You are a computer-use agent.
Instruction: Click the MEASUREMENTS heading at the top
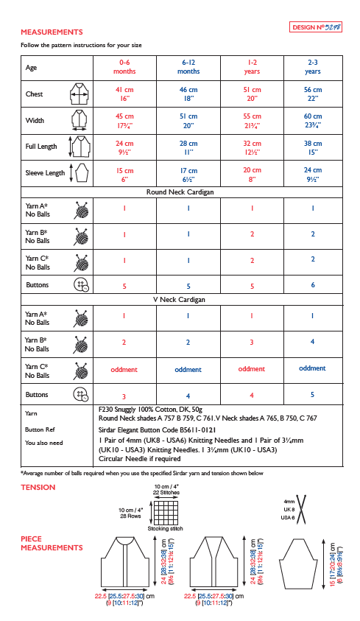pyautogui.click(x=52, y=32)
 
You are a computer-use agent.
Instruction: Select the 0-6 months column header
pyautogui.click(x=124, y=67)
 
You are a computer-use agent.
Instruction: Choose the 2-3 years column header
pyautogui.click(x=312, y=67)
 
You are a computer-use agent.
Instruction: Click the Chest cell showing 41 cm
pyautogui.click(x=124, y=94)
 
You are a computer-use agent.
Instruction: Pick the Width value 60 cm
pyautogui.click(x=312, y=120)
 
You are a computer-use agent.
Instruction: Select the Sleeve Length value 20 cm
pyautogui.click(x=252, y=173)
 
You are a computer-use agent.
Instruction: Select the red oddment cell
pyautogui.click(x=124, y=369)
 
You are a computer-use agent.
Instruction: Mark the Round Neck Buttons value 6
pyautogui.click(x=312, y=285)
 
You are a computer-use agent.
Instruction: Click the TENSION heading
pyautogui.click(x=38, y=488)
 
